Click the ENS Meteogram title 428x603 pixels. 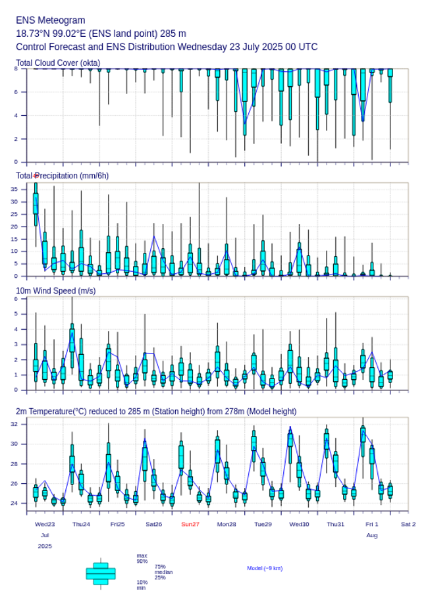pos(51,20)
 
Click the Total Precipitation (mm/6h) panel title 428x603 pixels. pos(63,175)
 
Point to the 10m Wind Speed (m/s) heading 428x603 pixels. pos(56,290)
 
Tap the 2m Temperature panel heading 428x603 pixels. pos(156,411)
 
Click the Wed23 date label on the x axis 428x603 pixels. pos(45,524)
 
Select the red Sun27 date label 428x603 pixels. pos(190,524)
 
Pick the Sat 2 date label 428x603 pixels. pos(408,524)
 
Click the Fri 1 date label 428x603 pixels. pos(372,524)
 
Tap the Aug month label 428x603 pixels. pos(372,535)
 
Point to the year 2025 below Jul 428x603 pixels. pos(45,546)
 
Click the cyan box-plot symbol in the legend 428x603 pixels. pos(101,573)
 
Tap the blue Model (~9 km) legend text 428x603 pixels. pos(265,568)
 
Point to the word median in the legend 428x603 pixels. pos(163,572)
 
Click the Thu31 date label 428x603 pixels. pos(336,524)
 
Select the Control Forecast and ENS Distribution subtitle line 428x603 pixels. pos(167,47)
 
